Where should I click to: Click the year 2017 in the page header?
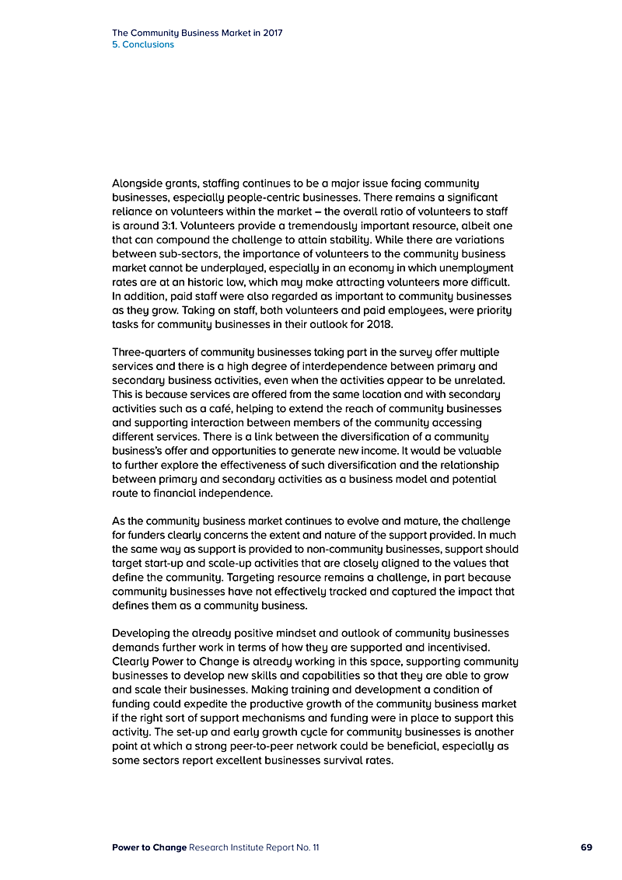[x=271, y=33]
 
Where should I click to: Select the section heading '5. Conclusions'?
[x=143, y=44]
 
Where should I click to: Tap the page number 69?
[x=586, y=847]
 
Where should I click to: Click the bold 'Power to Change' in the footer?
[x=149, y=847]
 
